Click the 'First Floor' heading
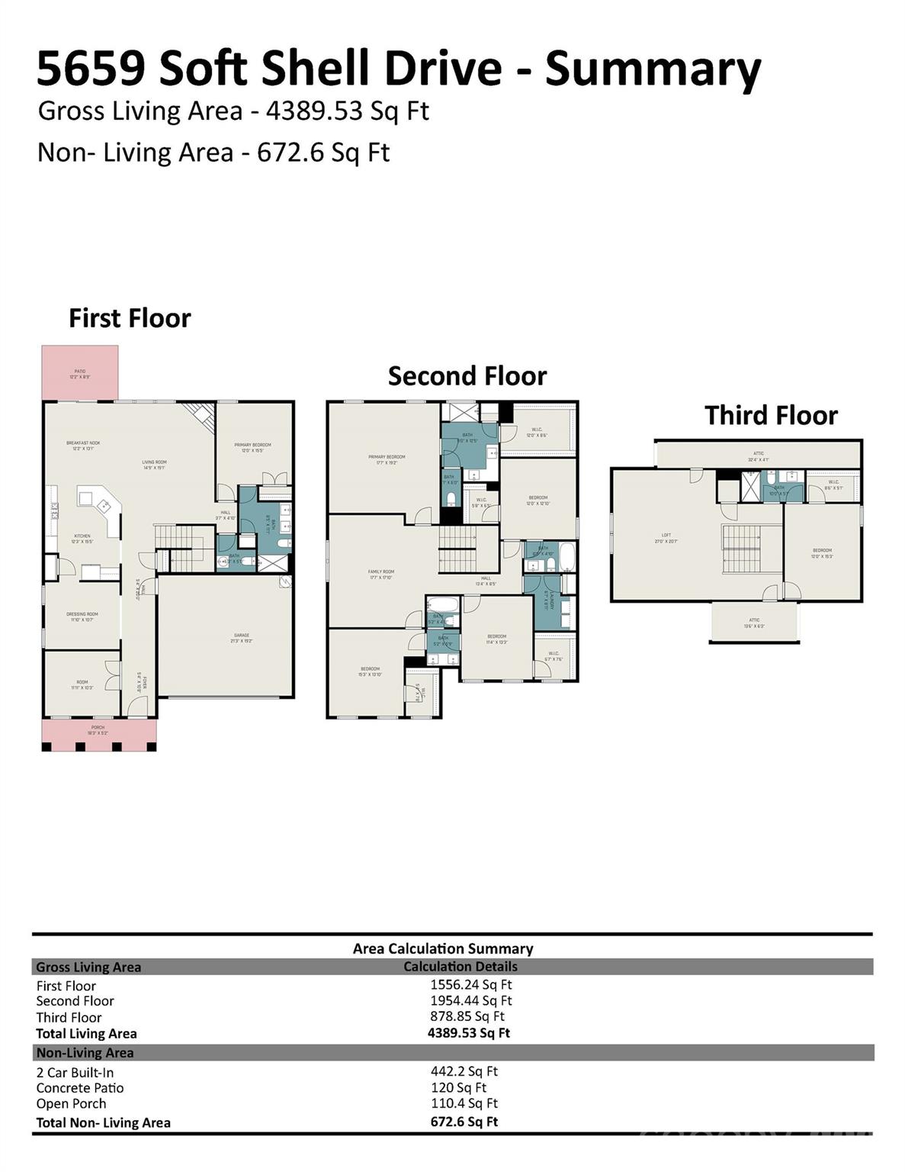(130, 318)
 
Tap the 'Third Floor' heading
(771, 416)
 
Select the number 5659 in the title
(91, 69)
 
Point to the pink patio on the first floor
(80, 373)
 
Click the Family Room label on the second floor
(380, 574)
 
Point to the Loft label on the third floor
(661, 538)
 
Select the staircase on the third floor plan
(743, 548)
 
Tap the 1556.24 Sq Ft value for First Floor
(470, 985)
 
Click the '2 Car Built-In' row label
(75, 1072)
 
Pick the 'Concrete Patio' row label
(80, 1088)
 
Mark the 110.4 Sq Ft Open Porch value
(464, 1103)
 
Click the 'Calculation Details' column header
(460, 967)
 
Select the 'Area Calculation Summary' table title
(443, 948)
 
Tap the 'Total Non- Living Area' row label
(104, 1122)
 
